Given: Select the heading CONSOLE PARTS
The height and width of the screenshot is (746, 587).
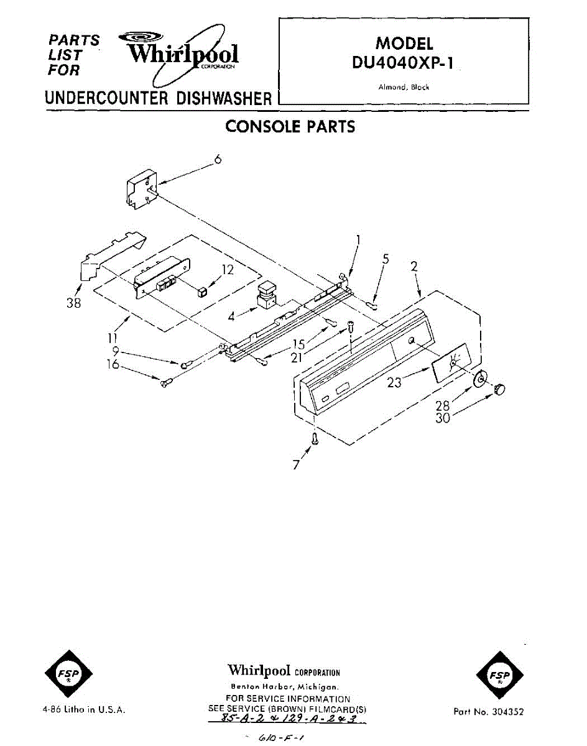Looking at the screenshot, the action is click(290, 127).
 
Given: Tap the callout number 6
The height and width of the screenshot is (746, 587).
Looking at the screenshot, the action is click(218, 159).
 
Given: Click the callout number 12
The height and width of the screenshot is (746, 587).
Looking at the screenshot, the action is click(228, 270).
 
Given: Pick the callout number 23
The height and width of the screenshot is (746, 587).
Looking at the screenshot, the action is click(395, 383).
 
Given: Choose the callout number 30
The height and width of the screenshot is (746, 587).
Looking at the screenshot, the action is click(443, 418).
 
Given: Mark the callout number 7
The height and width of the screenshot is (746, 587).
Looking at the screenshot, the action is click(296, 464).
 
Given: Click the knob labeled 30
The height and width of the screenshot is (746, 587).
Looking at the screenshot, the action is click(499, 389).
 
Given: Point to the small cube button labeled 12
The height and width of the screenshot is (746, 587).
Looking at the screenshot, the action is click(203, 292).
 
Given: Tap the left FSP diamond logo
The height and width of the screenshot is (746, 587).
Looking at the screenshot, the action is click(68, 675).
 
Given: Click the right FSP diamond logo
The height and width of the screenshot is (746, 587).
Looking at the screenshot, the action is click(498, 675).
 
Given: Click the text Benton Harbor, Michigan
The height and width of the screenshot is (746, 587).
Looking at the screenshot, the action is click(284, 687).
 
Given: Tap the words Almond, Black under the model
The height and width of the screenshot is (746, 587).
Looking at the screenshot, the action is click(404, 88).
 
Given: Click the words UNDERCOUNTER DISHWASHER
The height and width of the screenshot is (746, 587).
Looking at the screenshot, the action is click(158, 98).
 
